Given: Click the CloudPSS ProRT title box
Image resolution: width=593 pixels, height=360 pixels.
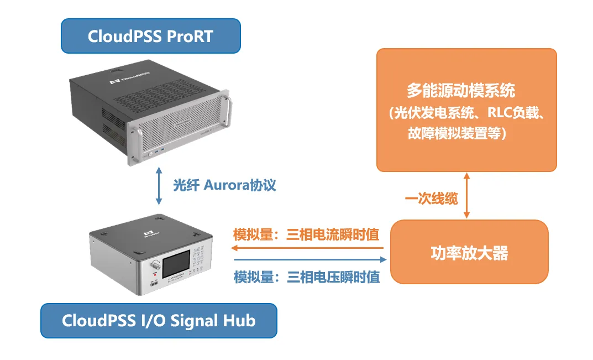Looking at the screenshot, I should pos(150,36).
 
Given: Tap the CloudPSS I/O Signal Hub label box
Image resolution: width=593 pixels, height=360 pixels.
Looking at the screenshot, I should pos(159,320).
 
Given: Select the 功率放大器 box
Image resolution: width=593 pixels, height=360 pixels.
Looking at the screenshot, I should pos(469,252).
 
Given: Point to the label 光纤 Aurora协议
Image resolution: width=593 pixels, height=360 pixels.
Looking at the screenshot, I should pos(224,185).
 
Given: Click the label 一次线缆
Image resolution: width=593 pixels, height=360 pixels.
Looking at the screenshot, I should pos(432,199).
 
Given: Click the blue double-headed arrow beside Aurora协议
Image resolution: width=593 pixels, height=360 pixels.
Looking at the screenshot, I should pos(159,187).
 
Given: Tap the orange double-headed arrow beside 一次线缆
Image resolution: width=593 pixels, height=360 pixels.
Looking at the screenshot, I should pos(467,195).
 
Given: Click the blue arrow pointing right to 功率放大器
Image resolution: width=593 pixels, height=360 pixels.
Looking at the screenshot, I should pos(309,259).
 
